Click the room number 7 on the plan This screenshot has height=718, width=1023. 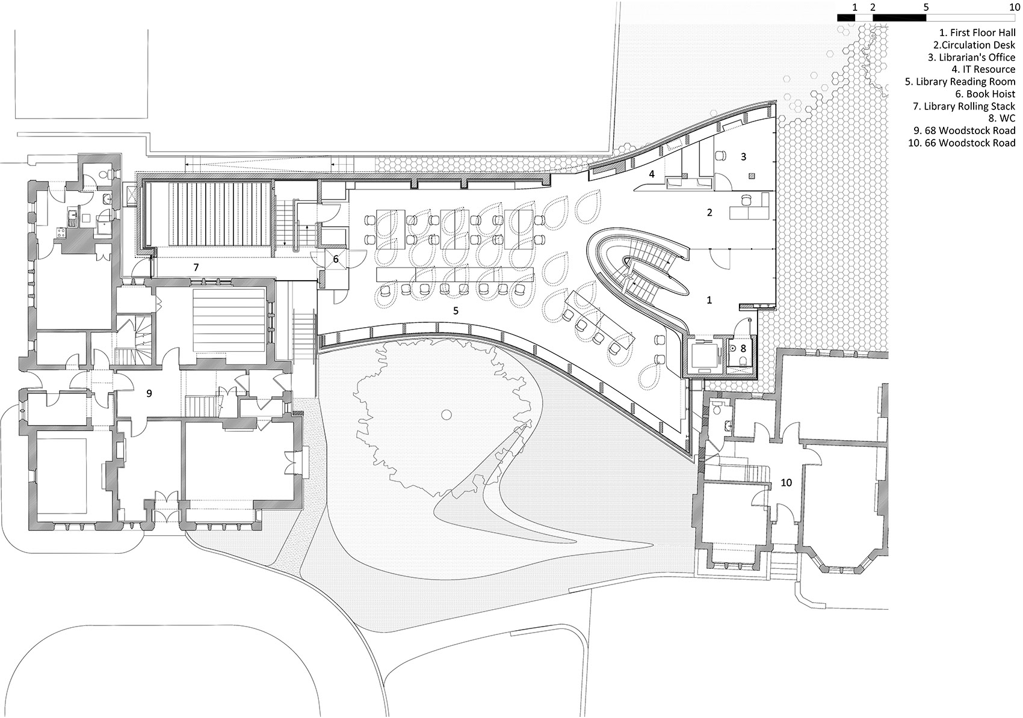(196, 266)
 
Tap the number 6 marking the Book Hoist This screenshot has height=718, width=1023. (336, 259)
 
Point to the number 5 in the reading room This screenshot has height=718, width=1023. (456, 310)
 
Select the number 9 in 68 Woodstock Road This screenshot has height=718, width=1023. (149, 393)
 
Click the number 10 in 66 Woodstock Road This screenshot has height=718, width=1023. (787, 482)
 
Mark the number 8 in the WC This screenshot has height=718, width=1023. (743, 348)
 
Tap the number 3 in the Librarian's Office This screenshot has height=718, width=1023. (744, 156)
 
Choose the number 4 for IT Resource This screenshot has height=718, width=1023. (651, 174)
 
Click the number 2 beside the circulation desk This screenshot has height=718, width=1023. (709, 212)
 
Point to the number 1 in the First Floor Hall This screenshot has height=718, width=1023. (709, 299)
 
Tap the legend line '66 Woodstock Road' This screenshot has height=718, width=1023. (962, 143)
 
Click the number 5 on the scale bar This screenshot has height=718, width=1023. (926, 7)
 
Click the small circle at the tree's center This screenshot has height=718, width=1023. (446, 414)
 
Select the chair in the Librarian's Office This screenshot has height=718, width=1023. (720, 155)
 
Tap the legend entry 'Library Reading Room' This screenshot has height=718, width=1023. (960, 82)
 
